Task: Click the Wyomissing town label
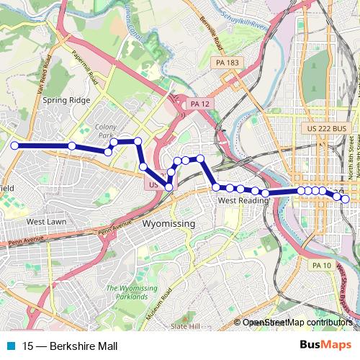tap(169, 225)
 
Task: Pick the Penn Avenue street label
tap(22, 242)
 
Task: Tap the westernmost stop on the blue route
tap(14, 145)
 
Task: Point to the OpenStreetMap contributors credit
tap(297, 323)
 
